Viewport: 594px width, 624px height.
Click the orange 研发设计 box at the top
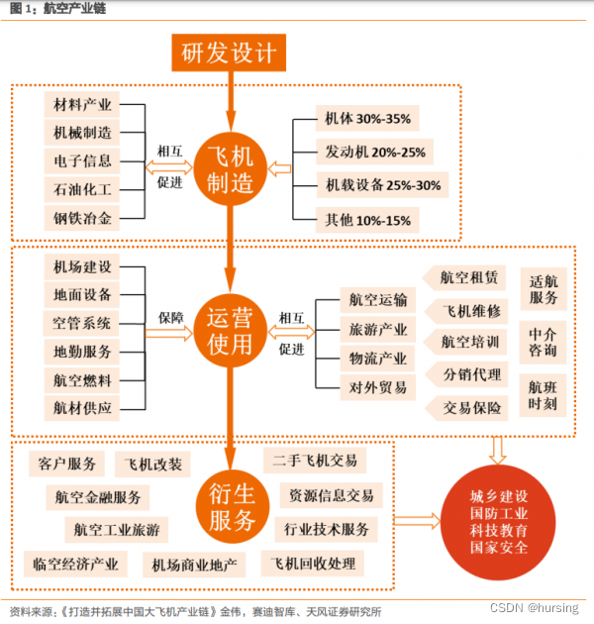point(229,51)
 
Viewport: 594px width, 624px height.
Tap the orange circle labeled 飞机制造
point(229,169)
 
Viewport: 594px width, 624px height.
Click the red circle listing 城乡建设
point(501,521)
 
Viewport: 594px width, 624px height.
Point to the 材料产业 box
point(83,104)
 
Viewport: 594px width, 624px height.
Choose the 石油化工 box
point(83,188)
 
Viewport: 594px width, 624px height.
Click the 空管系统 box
point(83,323)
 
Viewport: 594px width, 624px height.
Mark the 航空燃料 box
point(83,379)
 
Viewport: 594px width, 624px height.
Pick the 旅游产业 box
point(377,329)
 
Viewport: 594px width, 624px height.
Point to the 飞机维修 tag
point(469,310)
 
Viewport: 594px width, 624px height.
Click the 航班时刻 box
point(543,395)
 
